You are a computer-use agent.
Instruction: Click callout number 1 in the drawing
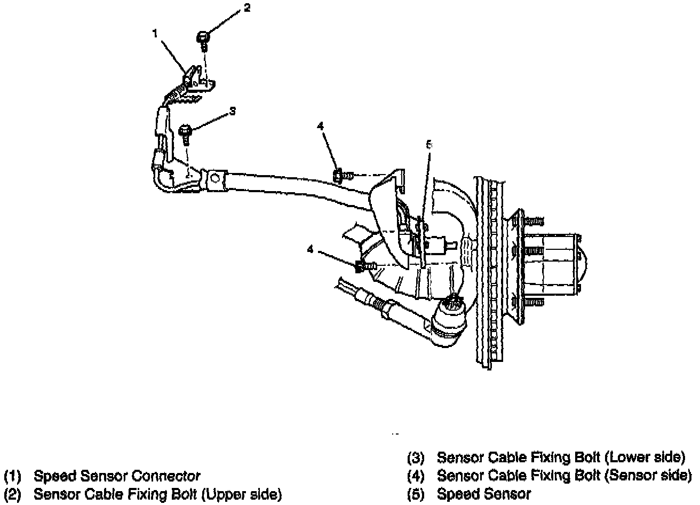tap(155, 33)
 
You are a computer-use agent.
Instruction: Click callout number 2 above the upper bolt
tap(247, 8)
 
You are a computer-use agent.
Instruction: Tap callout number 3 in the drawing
tap(232, 111)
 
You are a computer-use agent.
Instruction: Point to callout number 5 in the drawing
tap(429, 145)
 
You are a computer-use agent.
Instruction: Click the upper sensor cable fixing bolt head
tap(203, 37)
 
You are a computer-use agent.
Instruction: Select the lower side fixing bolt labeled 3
tap(185, 132)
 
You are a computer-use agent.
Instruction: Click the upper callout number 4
tap(320, 127)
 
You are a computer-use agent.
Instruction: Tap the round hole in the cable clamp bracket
tap(215, 178)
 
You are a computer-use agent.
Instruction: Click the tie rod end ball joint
tap(449, 322)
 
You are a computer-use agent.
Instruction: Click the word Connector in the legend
tap(165, 476)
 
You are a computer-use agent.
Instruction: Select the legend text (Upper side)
tap(242, 494)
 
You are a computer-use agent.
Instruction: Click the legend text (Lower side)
tap(645, 457)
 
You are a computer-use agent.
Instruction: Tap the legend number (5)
tap(416, 494)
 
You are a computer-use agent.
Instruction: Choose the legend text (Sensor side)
tap(648, 476)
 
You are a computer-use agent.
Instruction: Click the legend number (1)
tap(12, 476)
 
